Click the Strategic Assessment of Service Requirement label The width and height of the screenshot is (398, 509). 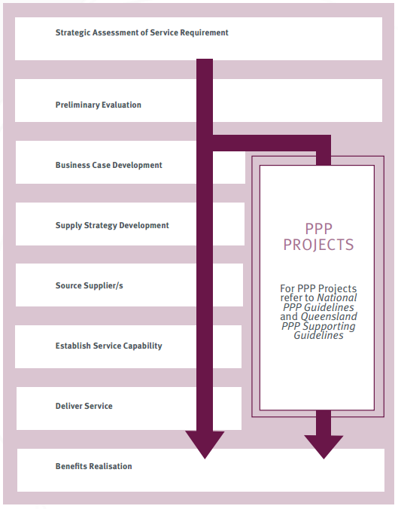tap(141, 33)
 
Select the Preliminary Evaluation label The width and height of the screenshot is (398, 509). tap(98, 105)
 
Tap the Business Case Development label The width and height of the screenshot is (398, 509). tap(108, 165)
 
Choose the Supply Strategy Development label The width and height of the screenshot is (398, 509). tap(112, 225)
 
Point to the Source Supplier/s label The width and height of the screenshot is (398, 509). tap(89, 285)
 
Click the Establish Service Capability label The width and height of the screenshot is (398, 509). tap(108, 346)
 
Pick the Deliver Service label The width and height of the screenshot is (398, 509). tap(84, 406)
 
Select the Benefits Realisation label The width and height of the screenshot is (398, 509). tap(93, 466)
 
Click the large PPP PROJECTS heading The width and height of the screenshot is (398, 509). tap(318, 236)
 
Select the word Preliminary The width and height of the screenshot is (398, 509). tap(78, 105)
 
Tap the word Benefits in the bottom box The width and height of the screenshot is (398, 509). tap(72, 466)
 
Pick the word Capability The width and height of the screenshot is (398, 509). tap(142, 346)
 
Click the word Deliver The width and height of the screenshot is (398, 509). tap(69, 406)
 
